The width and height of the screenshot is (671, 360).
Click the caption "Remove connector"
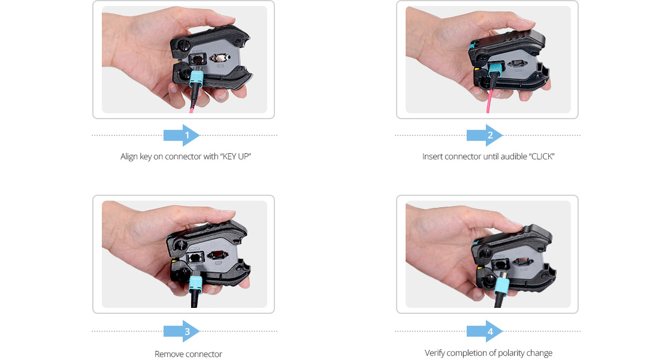pyautogui.click(x=188, y=354)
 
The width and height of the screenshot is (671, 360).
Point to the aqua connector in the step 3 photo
pyautogui.click(x=196, y=282)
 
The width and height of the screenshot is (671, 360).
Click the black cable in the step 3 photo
pyautogui.click(x=194, y=299)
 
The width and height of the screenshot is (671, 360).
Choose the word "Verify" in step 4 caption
pyautogui.click(x=436, y=353)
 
